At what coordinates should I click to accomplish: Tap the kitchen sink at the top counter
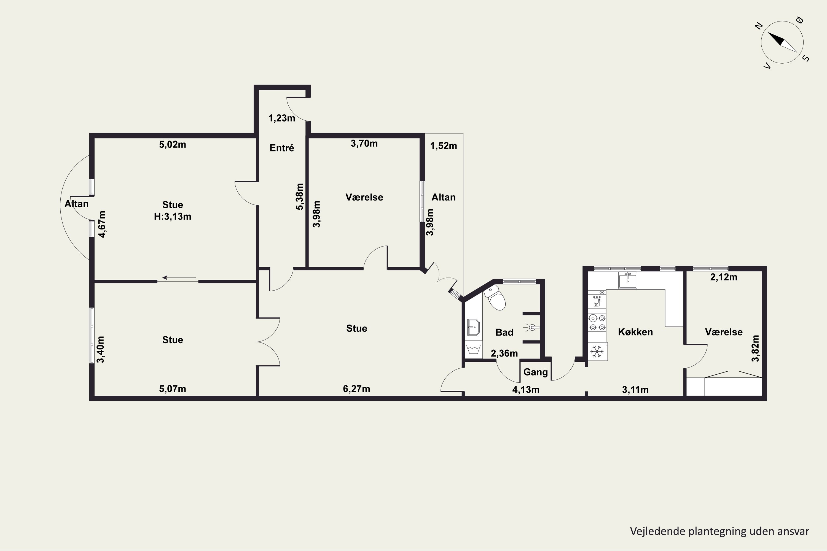click(628, 280)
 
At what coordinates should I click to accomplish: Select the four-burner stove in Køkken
click(597, 323)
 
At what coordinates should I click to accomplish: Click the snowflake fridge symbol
click(597, 352)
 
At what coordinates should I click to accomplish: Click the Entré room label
click(282, 148)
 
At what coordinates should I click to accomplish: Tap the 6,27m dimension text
click(356, 389)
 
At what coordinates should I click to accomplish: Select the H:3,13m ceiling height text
click(173, 217)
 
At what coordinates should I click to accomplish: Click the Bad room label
click(504, 333)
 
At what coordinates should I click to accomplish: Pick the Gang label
click(536, 372)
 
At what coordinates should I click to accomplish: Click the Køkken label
click(635, 332)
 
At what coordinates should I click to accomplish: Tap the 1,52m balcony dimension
click(444, 146)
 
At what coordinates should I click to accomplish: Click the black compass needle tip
click(767, 33)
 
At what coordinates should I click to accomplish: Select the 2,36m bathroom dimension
click(504, 353)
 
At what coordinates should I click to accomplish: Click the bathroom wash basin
click(473, 327)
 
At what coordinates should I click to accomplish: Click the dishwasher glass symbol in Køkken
click(597, 301)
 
